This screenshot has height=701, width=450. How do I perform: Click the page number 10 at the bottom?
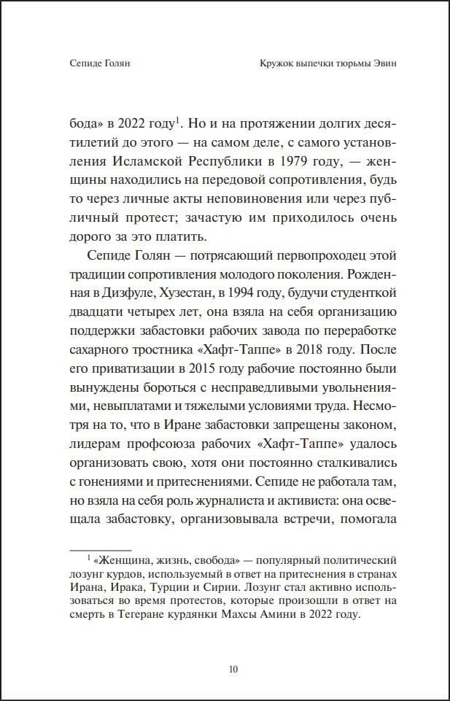[233, 669]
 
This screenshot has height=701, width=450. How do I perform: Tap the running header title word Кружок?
[278, 63]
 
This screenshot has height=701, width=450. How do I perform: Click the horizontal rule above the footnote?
[100, 549]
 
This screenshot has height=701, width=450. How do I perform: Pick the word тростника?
[160, 350]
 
